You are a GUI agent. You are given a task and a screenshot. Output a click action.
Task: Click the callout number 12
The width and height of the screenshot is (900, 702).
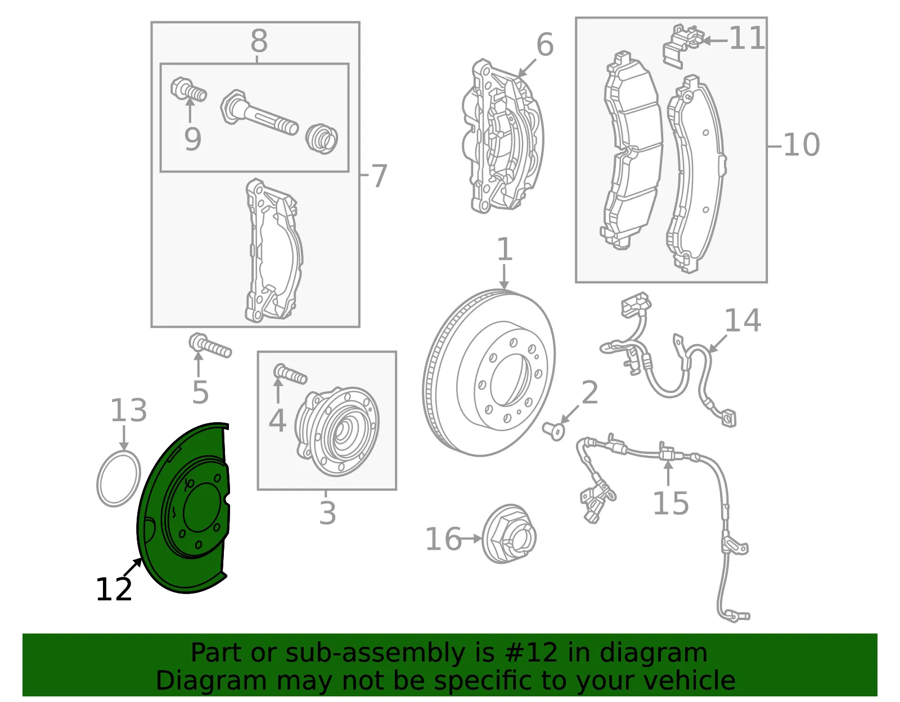click(x=114, y=590)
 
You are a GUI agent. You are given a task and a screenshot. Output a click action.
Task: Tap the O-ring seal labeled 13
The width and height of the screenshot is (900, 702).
click(x=119, y=479)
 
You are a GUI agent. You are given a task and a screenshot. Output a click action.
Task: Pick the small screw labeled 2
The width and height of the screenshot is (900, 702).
click(x=553, y=432)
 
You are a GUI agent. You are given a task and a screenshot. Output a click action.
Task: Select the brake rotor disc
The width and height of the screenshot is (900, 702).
click(x=489, y=372)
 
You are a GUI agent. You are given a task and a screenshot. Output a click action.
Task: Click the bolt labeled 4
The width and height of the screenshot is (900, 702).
click(x=290, y=374)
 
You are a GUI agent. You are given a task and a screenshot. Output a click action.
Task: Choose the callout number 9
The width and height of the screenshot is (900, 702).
click(x=192, y=139)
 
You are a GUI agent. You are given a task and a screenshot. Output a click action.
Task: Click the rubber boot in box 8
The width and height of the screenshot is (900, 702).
click(x=321, y=139)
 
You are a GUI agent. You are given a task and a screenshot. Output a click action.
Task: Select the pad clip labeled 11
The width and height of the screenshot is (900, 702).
click(x=683, y=44)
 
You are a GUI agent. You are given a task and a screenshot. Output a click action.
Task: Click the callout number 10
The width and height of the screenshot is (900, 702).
click(x=802, y=145)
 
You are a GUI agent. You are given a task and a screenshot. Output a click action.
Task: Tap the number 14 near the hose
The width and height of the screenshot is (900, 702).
click(x=742, y=320)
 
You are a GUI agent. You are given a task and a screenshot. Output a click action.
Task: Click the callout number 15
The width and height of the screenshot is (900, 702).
click(x=671, y=503)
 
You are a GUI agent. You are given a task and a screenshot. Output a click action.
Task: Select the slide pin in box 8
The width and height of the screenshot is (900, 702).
click(x=259, y=112)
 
